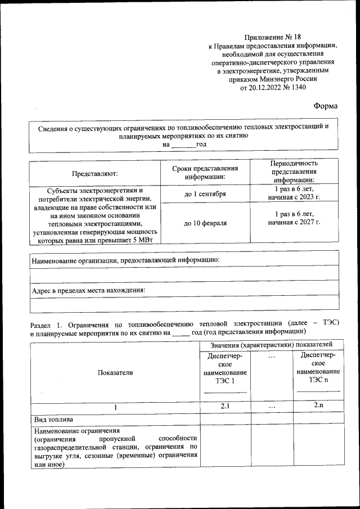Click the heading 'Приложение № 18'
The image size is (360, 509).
272,36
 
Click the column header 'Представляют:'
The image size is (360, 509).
94,173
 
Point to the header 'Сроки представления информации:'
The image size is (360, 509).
205,173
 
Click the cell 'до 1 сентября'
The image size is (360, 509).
205,193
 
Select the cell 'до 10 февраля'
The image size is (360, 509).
205,223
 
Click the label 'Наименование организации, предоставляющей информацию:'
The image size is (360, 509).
125,260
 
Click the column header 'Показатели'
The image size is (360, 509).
115,372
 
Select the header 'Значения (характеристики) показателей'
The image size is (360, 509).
270,344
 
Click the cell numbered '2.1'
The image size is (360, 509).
225,406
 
